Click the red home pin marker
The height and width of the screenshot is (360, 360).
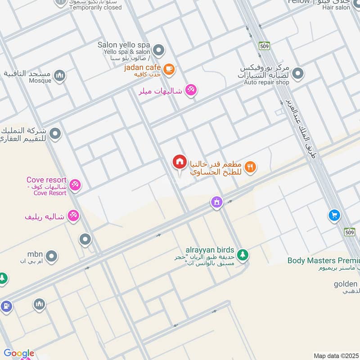tap(180, 162)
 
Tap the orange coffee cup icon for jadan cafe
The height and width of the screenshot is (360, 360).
tap(169, 69)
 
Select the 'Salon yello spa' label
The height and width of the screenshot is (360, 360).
tap(124, 45)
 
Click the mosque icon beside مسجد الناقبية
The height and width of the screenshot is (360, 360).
tap(59, 75)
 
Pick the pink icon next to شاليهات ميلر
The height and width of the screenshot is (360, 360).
tap(191, 90)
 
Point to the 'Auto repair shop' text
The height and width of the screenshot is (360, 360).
tap(266, 83)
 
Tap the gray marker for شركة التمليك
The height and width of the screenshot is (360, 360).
tap(55, 134)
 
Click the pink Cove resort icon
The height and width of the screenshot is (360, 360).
tap(75, 185)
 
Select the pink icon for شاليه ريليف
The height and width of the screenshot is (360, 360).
tap(73, 216)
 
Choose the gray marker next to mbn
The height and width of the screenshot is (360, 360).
tap(52, 256)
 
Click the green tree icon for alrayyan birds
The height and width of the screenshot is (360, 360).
tap(243, 255)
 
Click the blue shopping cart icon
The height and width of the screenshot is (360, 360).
tap(334, 215)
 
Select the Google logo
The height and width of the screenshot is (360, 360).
tap(19, 353)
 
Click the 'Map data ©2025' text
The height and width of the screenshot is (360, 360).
tap(335, 355)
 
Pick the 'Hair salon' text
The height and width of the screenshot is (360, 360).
tap(337, 8)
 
